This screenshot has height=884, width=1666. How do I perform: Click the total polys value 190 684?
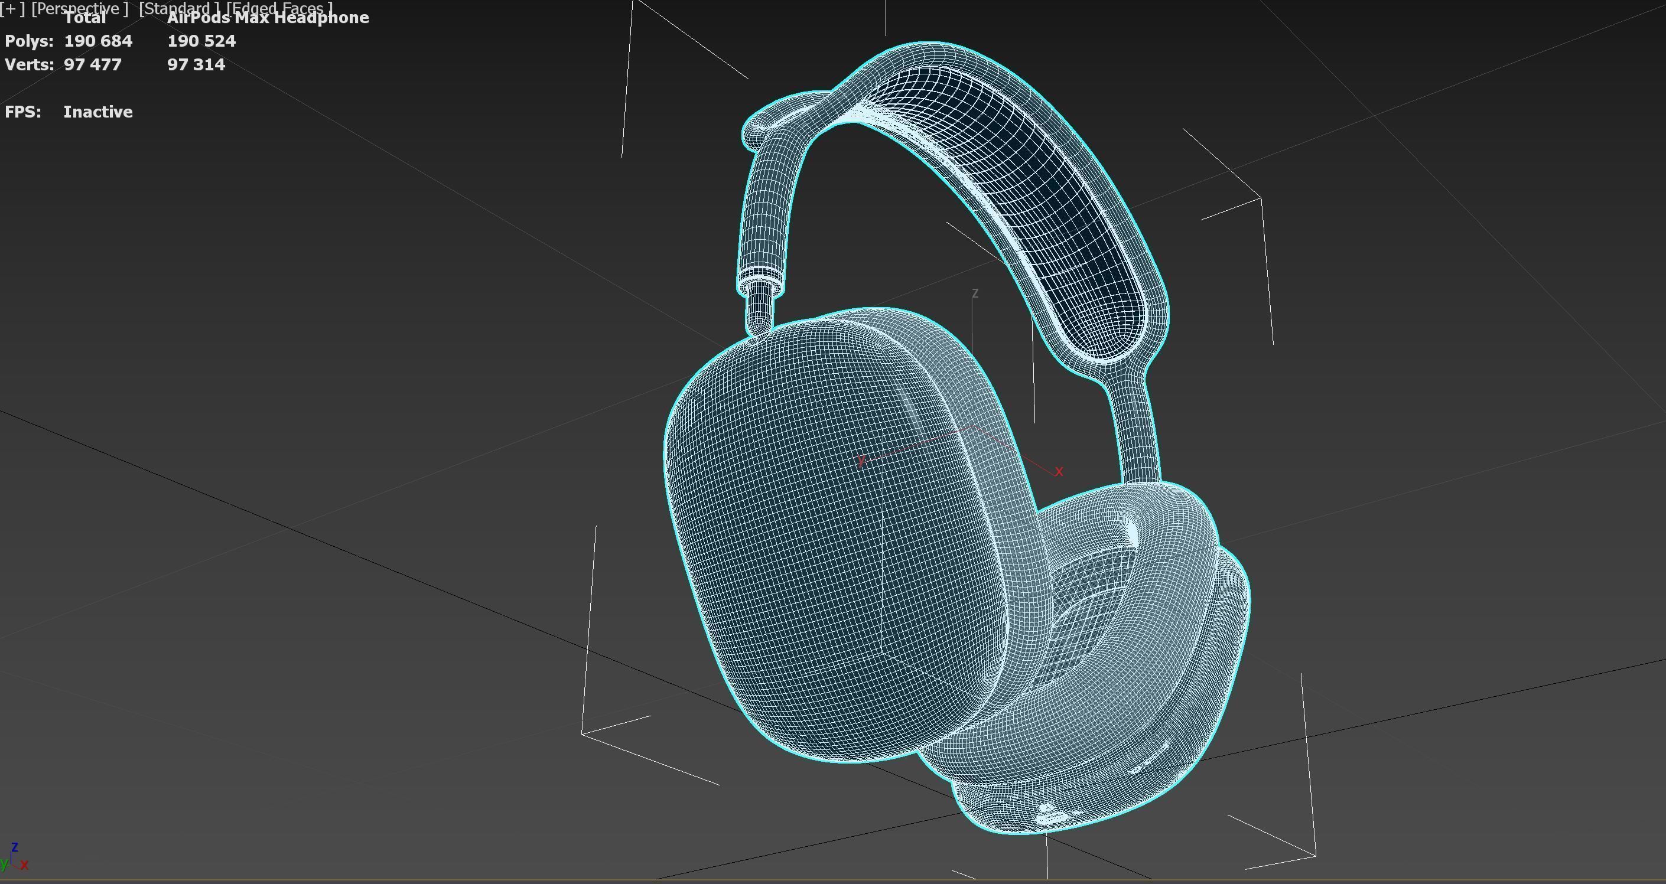pos(97,41)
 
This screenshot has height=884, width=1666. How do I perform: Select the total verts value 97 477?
pos(93,65)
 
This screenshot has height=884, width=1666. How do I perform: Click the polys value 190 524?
pos(201,41)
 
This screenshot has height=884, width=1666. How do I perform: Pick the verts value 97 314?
pos(196,65)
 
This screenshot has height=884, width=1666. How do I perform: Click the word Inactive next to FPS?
pos(97,112)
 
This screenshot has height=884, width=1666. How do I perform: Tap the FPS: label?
pos(22,112)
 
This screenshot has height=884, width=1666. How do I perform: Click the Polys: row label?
pos(28,41)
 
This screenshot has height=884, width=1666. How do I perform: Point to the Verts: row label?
pos(29,65)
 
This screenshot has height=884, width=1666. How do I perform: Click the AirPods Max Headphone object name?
pos(268,18)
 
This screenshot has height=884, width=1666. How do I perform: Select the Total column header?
pos(84,18)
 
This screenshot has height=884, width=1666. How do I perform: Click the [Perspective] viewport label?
pos(80,8)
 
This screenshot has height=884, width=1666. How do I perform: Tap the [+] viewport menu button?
pos(12,8)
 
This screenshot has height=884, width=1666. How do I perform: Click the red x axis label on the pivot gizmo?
pos(1059,471)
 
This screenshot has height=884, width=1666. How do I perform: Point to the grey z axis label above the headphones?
pos(975,293)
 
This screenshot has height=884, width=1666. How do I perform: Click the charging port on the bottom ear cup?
pos(1052,817)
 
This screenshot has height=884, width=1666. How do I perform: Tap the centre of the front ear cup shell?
pos(834,537)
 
